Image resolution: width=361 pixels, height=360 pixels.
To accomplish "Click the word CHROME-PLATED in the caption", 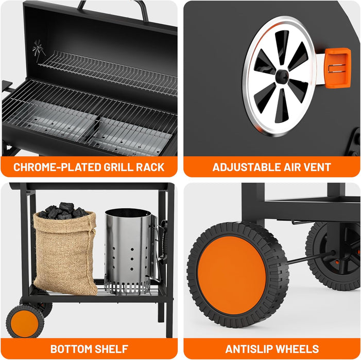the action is tap(57, 167).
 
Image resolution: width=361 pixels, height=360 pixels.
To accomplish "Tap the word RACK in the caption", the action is tap(150, 167).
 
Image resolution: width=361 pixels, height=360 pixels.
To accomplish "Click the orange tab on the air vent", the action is tap(337, 68).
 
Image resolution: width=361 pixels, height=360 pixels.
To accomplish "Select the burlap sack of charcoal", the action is tap(65, 253).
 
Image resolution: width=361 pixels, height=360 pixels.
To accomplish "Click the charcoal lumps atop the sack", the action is tap(63, 210).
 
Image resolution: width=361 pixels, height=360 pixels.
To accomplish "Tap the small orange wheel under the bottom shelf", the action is tap(25, 321).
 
